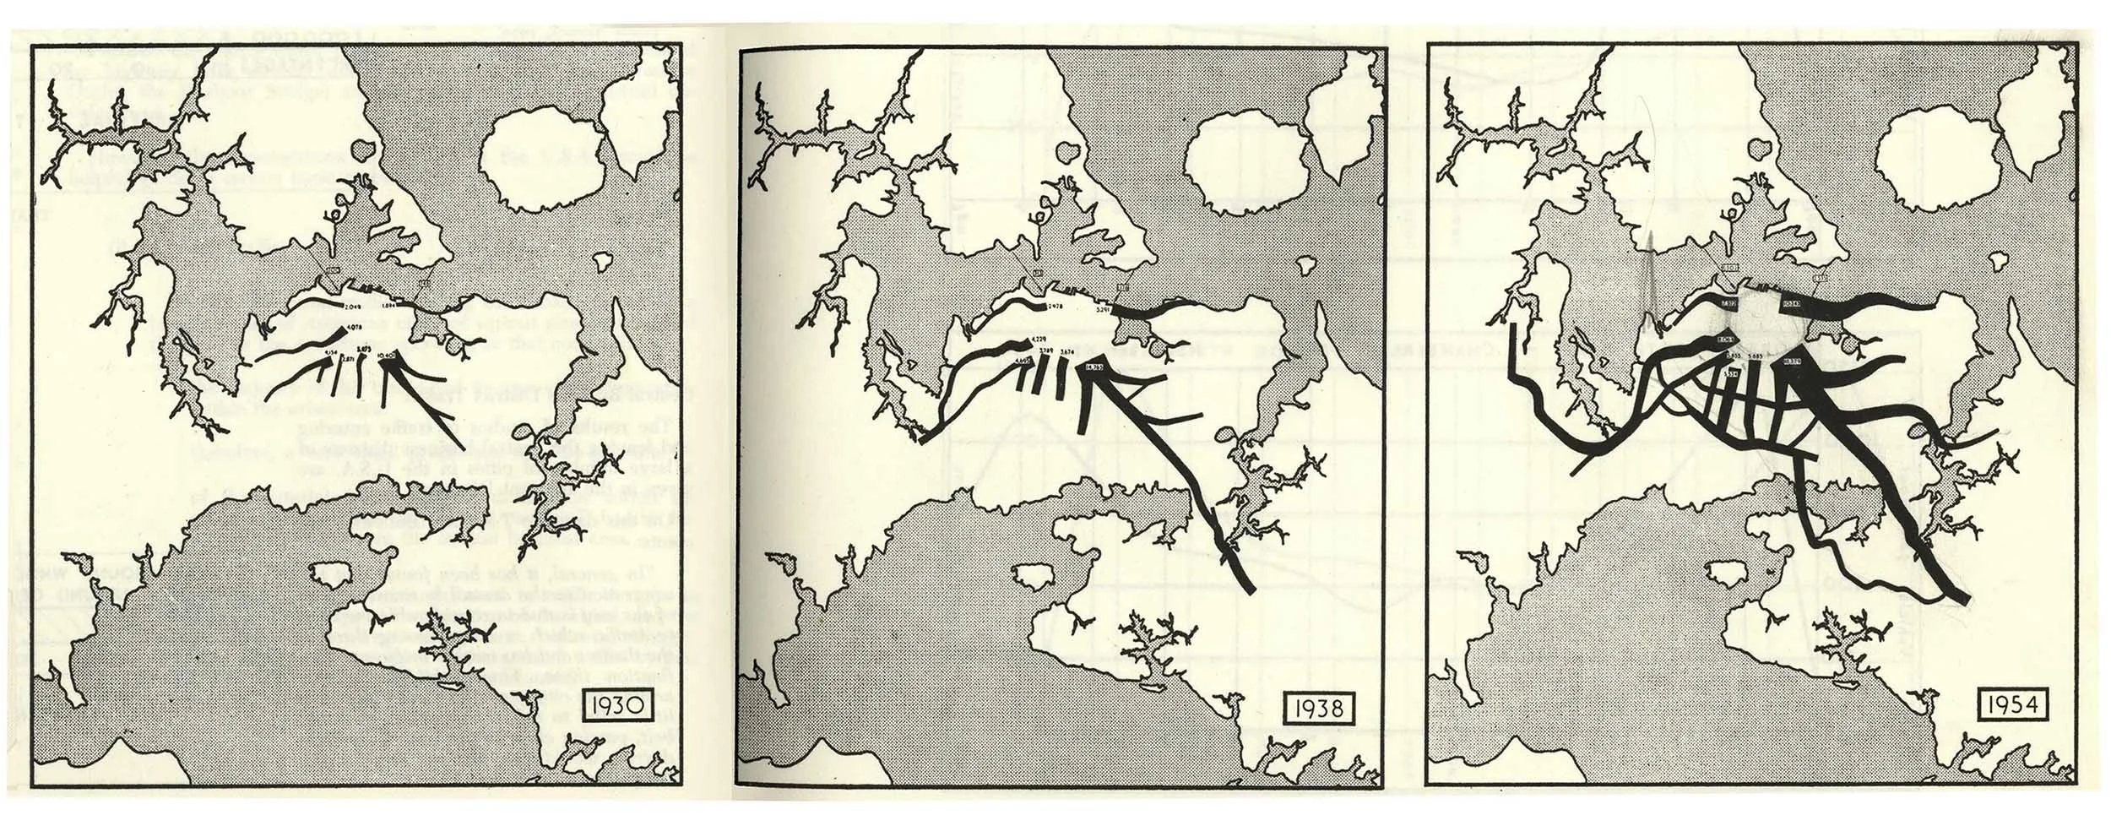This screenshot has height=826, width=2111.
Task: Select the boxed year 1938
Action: click(x=1319, y=706)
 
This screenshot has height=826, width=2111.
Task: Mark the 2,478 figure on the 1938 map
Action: click(x=1054, y=329)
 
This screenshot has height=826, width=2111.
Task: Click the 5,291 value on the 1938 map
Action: click(x=1103, y=334)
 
